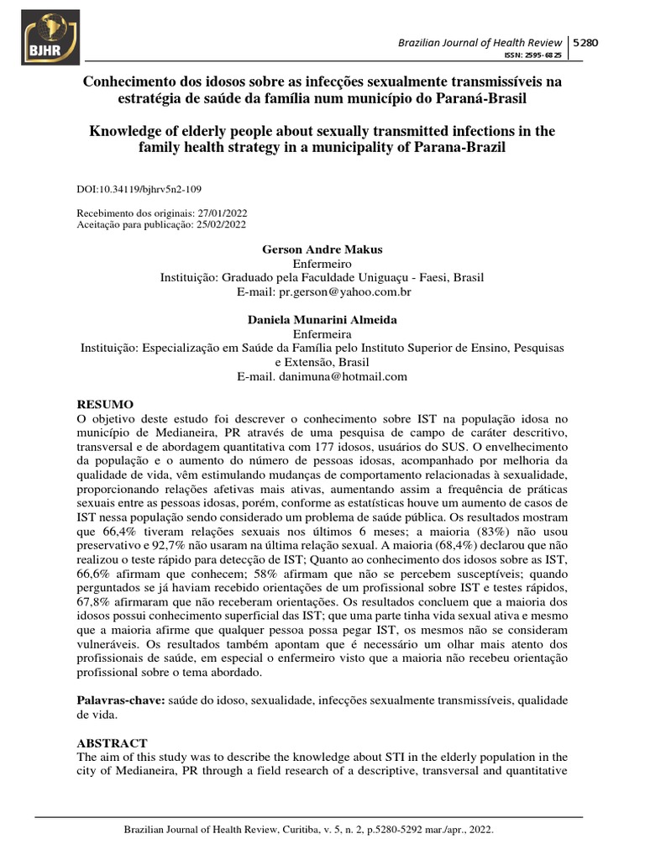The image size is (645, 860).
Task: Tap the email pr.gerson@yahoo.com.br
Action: [x=346, y=291]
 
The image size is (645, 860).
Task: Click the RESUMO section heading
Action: [x=105, y=404]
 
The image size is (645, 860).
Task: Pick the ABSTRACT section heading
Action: [x=112, y=743]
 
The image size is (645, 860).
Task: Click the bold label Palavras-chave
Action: [x=119, y=700]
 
